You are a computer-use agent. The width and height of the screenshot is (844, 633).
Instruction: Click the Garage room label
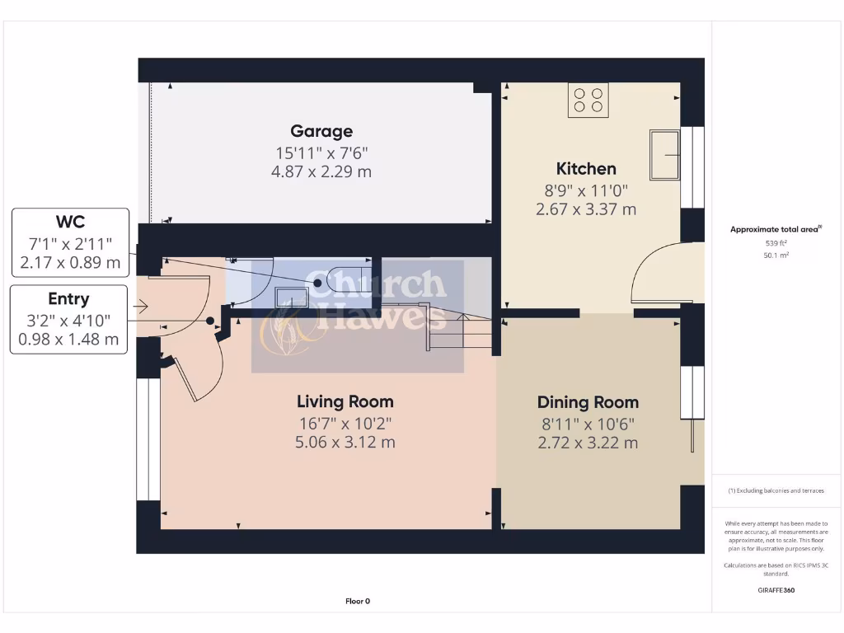click(321, 131)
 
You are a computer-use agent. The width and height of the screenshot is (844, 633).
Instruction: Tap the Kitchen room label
click(586, 169)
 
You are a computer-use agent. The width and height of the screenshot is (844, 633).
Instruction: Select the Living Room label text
click(345, 401)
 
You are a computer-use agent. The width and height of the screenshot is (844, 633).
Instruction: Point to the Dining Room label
click(588, 402)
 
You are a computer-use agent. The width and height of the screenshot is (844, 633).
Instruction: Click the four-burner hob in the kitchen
click(588, 101)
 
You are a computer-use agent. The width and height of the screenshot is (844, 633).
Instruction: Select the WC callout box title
click(70, 222)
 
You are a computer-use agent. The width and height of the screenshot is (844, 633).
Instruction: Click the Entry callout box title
click(69, 298)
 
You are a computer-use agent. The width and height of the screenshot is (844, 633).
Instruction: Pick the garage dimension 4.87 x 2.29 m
click(321, 171)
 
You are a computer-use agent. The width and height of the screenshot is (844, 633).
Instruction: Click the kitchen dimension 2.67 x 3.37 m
click(586, 209)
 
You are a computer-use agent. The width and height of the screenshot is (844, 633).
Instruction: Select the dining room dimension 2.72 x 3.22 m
click(588, 443)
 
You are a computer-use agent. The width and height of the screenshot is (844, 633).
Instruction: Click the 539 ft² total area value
click(776, 243)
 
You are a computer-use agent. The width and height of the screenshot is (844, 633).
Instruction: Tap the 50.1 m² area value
click(776, 256)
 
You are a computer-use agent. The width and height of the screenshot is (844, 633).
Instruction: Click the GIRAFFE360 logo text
click(776, 590)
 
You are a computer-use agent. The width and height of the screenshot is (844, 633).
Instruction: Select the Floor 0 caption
click(358, 601)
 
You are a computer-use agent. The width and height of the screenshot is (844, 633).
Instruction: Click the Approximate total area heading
click(776, 229)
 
